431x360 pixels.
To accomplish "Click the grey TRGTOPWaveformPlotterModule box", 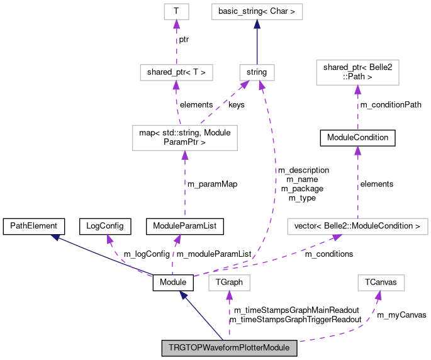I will (x=229, y=348).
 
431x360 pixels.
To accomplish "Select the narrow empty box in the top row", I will (x=176, y=11).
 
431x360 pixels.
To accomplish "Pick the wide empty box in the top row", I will (x=257, y=11).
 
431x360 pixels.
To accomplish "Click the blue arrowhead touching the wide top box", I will (x=257, y=24).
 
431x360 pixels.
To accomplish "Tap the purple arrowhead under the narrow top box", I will (x=176, y=24).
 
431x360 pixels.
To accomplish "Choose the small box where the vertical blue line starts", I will (x=257, y=72).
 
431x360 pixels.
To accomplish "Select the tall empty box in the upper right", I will (x=357, y=72).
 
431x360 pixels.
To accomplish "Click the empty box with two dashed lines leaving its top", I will (x=184, y=138).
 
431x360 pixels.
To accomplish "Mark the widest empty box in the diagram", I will (x=357, y=227).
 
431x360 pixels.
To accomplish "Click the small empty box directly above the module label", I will (x=229, y=283).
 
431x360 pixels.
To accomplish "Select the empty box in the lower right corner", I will (x=381, y=283).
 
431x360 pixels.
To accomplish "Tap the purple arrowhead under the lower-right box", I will (x=379, y=296).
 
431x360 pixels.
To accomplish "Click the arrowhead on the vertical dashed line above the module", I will (x=229, y=296).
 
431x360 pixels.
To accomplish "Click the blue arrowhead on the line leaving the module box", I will (x=183, y=295).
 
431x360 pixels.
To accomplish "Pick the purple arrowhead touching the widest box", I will (x=337, y=238).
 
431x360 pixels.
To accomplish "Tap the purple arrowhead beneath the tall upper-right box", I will (x=357, y=89).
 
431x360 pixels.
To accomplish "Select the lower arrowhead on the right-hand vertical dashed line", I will (x=357, y=150).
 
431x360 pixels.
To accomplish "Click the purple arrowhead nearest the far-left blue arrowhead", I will (x=109, y=239).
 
